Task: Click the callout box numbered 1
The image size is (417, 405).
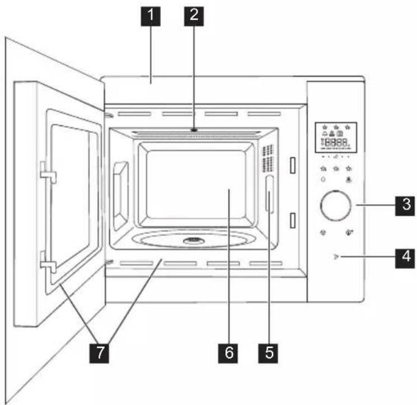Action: point(151,16)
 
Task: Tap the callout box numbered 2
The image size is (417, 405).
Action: point(194,16)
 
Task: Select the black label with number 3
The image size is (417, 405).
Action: point(405,206)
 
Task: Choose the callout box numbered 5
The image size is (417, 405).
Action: point(268,353)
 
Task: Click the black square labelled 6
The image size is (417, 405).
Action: point(228,353)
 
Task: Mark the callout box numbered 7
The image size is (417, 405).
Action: point(99,353)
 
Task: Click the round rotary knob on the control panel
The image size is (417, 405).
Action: point(336,206)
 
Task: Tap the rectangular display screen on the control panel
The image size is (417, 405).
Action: point(336,138)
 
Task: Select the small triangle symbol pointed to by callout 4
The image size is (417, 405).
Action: point(336,257)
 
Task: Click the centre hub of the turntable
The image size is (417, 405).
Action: point(194,241)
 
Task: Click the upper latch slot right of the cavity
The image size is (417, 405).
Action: point(293,165)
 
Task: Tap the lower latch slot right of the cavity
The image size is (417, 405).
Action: point(293,220)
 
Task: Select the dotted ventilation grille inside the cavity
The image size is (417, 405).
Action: point(268,159)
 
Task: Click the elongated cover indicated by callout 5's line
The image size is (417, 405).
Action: point(269,194)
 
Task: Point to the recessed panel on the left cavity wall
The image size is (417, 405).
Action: point(121,196)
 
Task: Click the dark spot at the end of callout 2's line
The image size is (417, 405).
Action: point(194,130)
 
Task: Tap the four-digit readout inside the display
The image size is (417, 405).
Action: point(336,142)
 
